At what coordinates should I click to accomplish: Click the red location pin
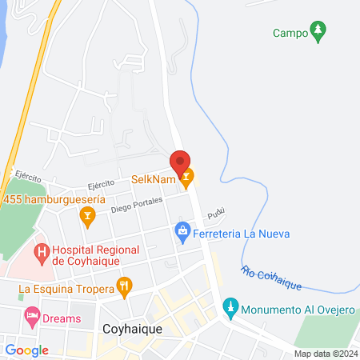pyautogui.click(x=180, y=160)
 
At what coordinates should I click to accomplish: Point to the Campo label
pyautogui.click(x=289, y=34)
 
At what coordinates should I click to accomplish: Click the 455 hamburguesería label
pyautogui.click(x=54, y=198)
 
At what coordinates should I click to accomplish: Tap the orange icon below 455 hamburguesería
pyautogui.click(x=87, y=214)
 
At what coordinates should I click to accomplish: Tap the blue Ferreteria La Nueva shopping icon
pyautogui.click(x=182, y=234)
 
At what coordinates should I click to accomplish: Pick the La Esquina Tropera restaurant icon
pyautogui.click(x=124, y=285)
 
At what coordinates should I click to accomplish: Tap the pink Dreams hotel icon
pyautogui.click(x=32, y=318)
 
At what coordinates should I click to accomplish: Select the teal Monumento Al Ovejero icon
pyautogui.click(x=230, y=306)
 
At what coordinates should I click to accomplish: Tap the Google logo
pyautogui.click(x=27, y=350)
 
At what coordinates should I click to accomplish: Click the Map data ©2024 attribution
pyautogui.click(x=326, y=354)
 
